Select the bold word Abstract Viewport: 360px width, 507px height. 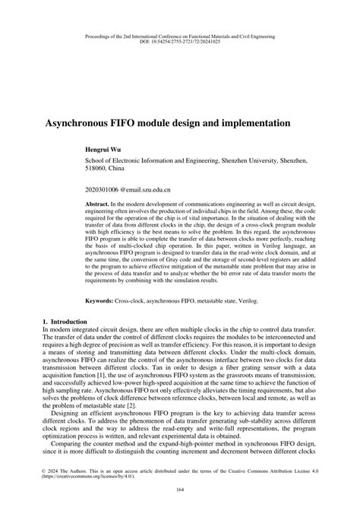[x=97, y=205]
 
